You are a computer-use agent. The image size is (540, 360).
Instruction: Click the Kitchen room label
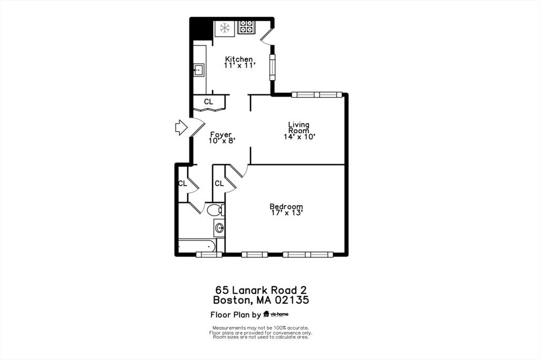pos(239,59)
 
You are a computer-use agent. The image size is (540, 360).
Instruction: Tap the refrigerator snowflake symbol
pos(225,27)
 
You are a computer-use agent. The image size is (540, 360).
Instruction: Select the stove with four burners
pos(246,27)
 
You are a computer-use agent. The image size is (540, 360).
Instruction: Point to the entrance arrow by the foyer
pos(181,127)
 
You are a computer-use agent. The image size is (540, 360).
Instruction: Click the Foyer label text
pos(221,134)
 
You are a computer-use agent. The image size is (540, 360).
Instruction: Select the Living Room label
pos(299,128)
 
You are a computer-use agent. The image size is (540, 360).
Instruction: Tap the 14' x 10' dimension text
pos(300,137)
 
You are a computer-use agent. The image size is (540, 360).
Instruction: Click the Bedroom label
pos(286,207)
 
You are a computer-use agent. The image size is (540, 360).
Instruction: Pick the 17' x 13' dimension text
pos(286,213)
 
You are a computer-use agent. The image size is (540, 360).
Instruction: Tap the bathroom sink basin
pos(219,228)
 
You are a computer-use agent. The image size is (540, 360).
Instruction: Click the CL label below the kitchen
pos(209,102)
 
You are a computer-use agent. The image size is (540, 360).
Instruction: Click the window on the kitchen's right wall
pos(273,67)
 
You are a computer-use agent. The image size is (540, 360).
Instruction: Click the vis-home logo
pos(276,315)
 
